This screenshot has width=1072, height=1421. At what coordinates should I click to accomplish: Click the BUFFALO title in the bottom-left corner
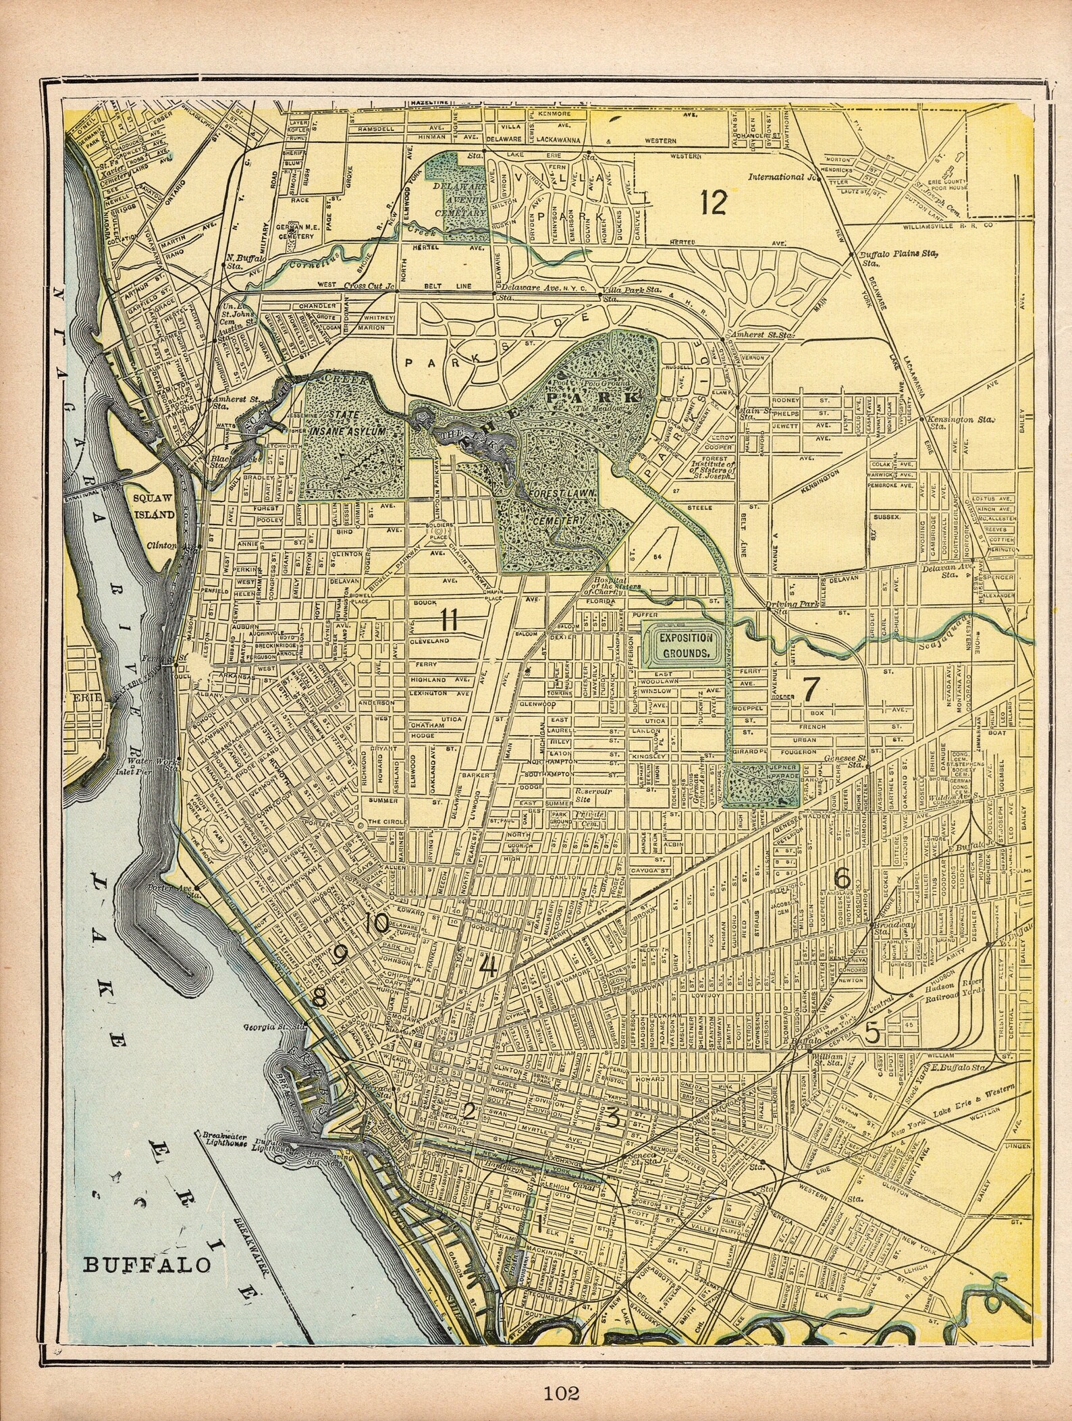click(146, 1264)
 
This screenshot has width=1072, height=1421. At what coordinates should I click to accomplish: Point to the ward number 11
click(450, 618)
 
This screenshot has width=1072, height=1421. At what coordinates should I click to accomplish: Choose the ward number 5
click(873, 1032)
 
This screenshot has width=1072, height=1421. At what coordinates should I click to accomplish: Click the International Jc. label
click(782, 178)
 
